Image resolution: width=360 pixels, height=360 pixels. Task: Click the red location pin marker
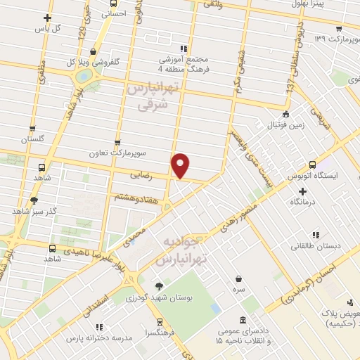(181, 166)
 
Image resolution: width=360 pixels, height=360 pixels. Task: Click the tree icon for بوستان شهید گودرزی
(159, 286)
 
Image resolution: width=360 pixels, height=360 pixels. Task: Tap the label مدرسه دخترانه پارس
(98, 338)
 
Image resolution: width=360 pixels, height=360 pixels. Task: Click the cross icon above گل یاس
(47, 18)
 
